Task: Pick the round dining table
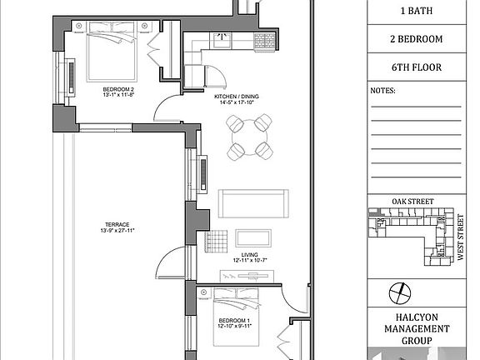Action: (x=249, y=137)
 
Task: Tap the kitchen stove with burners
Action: (x=265, y=42)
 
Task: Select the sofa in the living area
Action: (x=253, y=203)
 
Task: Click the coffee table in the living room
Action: (x=253, y=238)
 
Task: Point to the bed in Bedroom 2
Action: (x=112, y=52)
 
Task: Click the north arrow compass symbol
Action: (x=399, y=293)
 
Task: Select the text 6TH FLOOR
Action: (x=417, y=67)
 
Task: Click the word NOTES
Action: (x=382, y=91)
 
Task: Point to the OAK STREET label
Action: (x=412, y=202)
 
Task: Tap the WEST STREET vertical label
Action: (x=460, y=237)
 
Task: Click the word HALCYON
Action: (x=417, y=317)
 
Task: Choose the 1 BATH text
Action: (x=417, y=11)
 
